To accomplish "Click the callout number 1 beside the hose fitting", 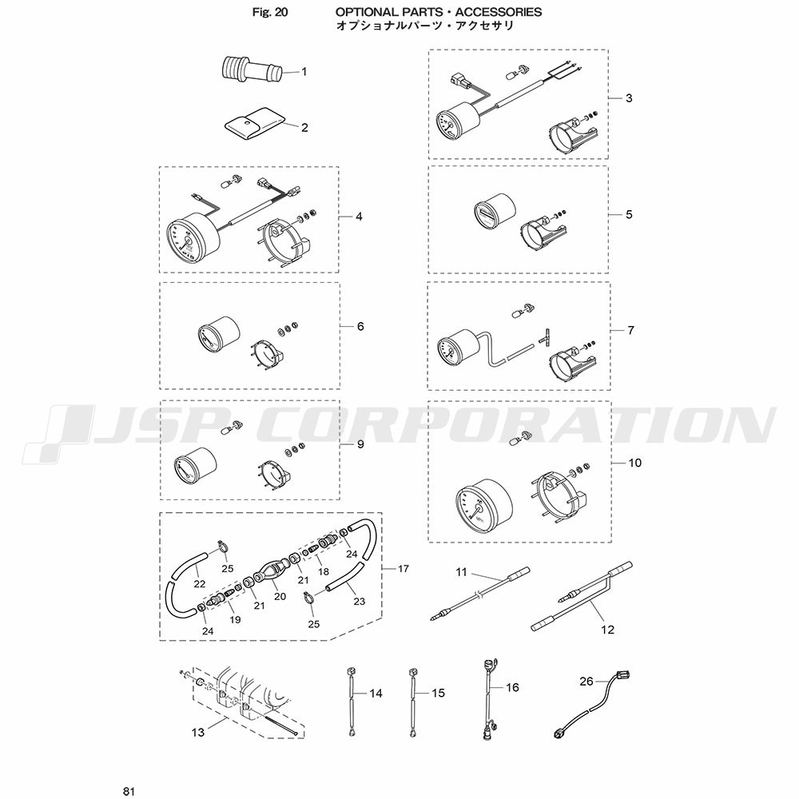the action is pyautogui.click(x=304, y=71).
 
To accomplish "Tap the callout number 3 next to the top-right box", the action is pyautogui.click(x=629, y=97).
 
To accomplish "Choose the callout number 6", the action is pyautogui.click(x=360, y=326).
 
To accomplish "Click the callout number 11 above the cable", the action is pyautogui.click(x=461, y=572).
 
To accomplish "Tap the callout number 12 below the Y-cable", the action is pyautogui.click(x=608, y=630).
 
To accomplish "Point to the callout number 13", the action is pyautogui.click(x=197, y=732).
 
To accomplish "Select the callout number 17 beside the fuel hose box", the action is pyautogui.click(x=403, y=569).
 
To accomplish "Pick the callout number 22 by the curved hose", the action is pyautogui.click(x=200, y=584).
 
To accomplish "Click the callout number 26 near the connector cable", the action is pyautogui.click(x=586, y=682).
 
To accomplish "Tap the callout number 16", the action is pyautogui.click(x=512, y=687).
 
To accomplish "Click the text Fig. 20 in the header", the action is pyautogui.click(x=270, y=12).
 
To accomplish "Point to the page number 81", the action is pyautogui.click(x=129, y=791).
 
